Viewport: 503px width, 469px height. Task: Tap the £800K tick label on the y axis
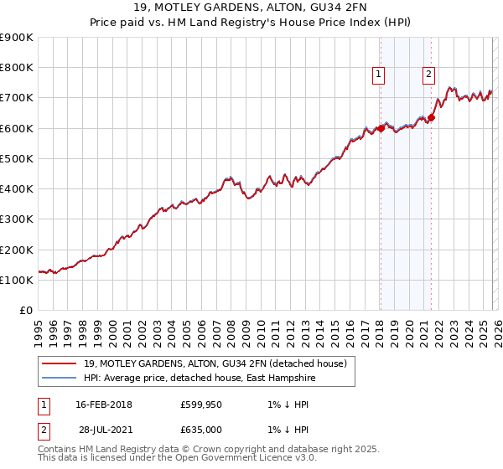click(17, 68)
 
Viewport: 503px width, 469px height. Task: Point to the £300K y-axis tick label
click(17, 219)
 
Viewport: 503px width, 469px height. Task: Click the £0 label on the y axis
click(25, 311)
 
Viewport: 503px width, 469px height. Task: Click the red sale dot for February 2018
click(381, 128)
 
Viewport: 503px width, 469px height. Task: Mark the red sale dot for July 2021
click(432, 117)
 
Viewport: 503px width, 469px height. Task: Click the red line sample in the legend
click(60, 363)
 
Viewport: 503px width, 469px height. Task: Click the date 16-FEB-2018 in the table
click(104, 405)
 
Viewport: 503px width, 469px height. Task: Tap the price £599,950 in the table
click(200, 405)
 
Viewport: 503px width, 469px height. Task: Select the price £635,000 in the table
click(200, 430)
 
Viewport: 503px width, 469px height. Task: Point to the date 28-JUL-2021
click(104, 430)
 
